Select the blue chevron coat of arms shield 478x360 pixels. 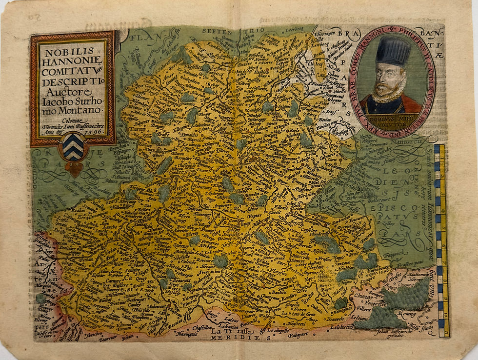point(73,147)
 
